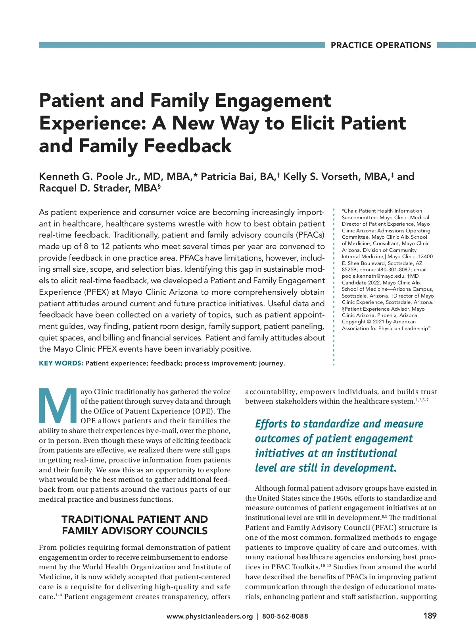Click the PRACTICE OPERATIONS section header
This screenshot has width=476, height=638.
pyautogui.click(x=380, y=45)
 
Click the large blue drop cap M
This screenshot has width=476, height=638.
pyautogui.click(x=58, y=406)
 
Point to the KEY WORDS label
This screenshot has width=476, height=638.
pyautogui.click(x=61, y=363)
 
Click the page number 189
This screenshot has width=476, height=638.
pyautogui.click(x=430, y=616)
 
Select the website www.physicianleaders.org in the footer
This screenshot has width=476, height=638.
pyautogui.click(x=209, y=616)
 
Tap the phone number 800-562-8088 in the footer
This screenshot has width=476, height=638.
pyautogui.click(x=285, y=616)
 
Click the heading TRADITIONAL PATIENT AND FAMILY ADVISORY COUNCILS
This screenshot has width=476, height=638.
pyautogui.click(x=134, y=525)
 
